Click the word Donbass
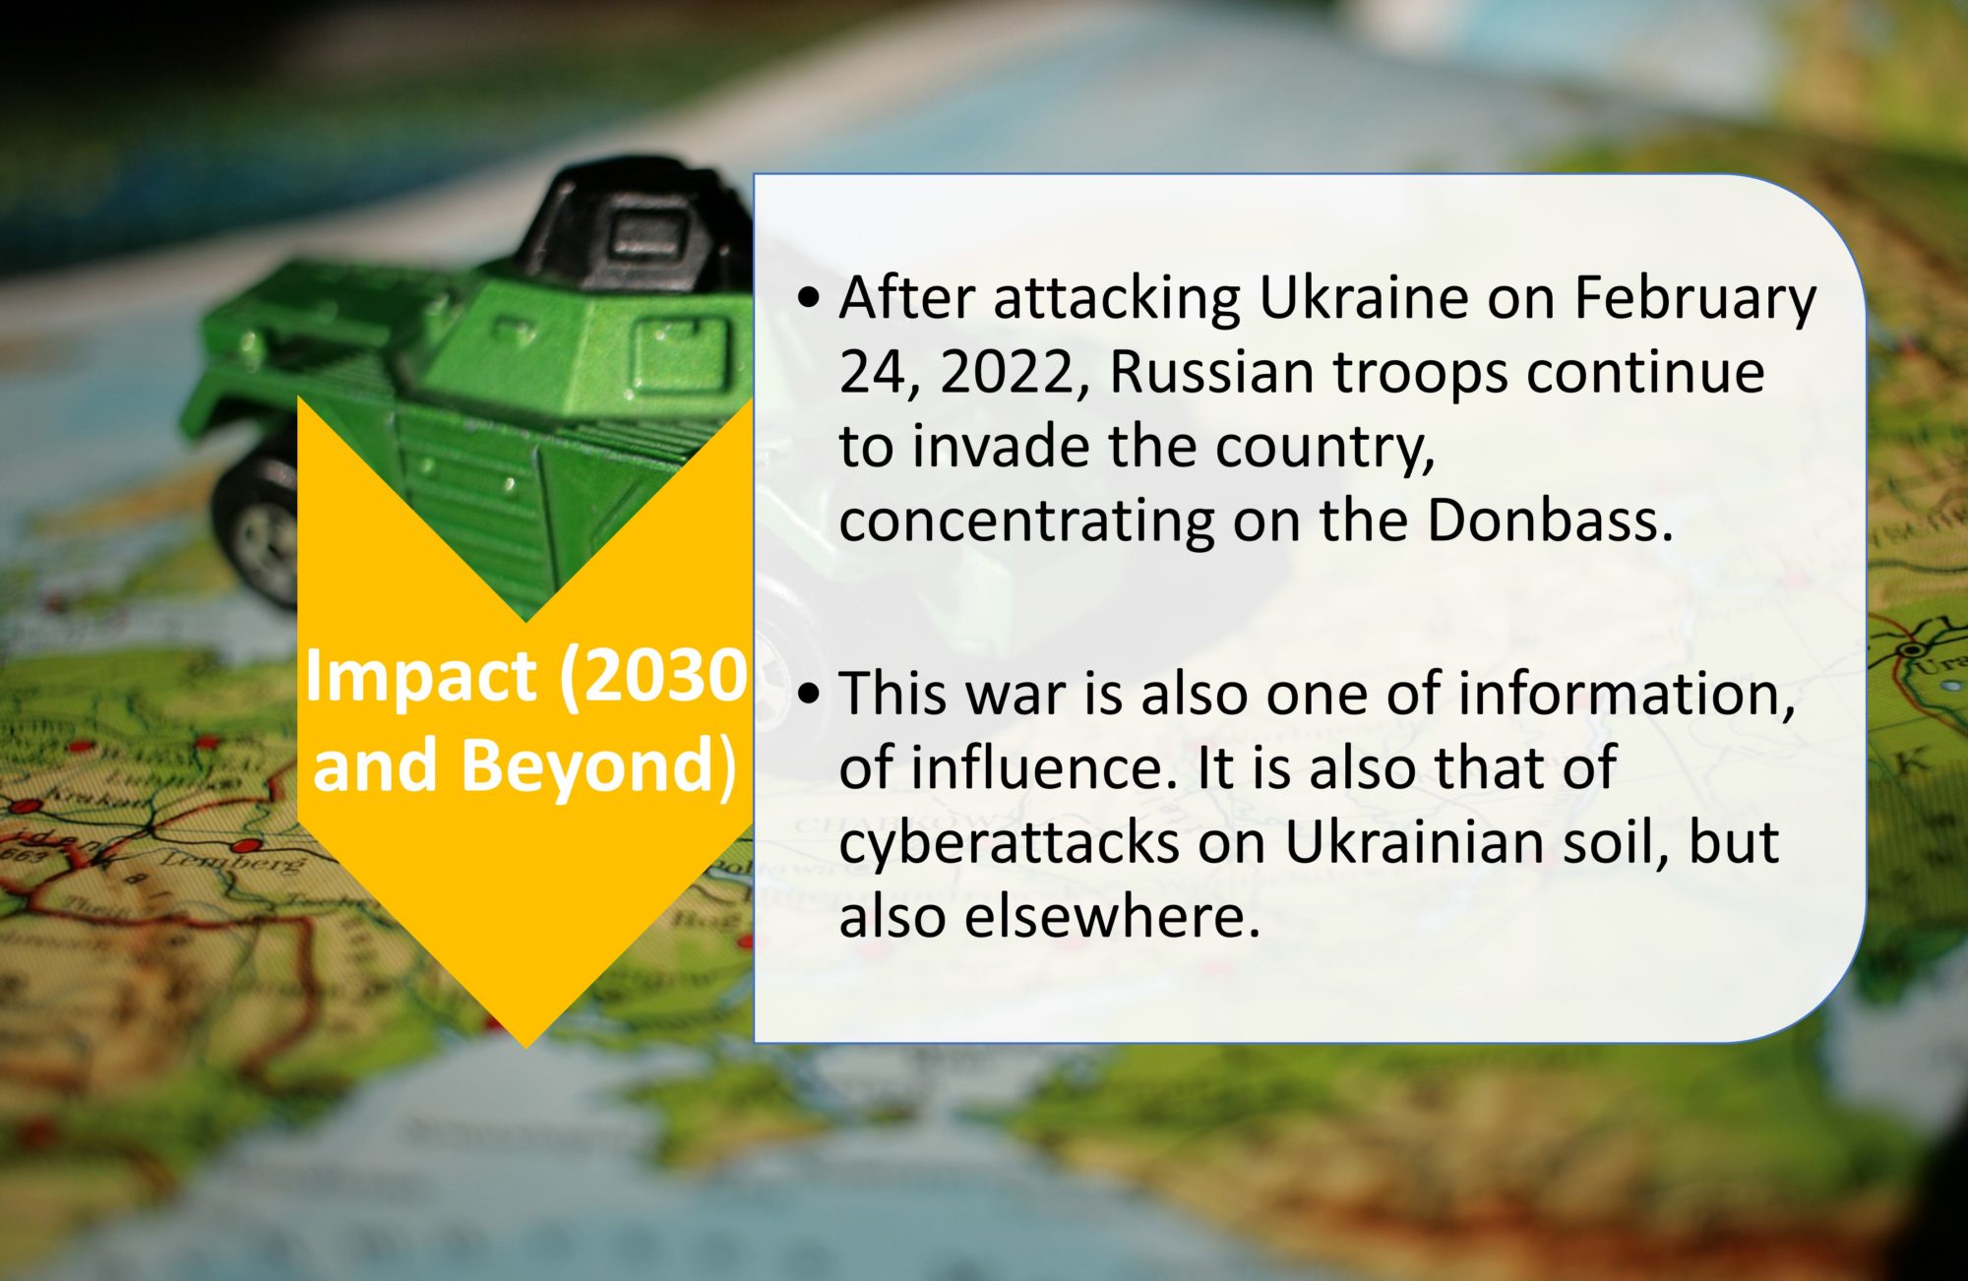[x=1550, y=519]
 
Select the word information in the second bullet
[x=1627, y=695]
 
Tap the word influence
[x=1044, y=768]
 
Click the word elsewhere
[x=1112, y=917]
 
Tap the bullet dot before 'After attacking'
[x=809, y=297]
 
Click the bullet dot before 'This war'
[x=809, y=695]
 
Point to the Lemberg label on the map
[x=233, y=864]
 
